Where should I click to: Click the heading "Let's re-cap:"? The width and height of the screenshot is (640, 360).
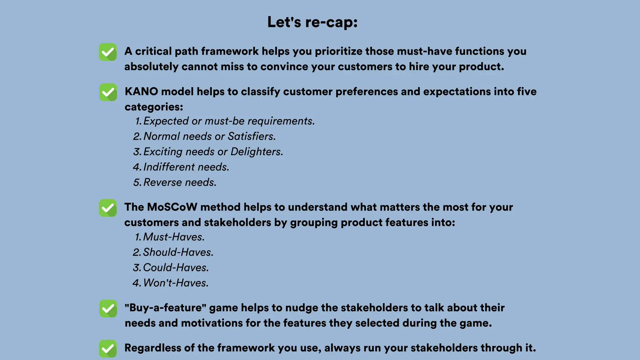(x=312, y=22)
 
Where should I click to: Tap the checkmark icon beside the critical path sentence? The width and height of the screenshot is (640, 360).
(x=108, y=52)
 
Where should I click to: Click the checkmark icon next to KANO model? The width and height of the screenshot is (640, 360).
(x=108, y=92)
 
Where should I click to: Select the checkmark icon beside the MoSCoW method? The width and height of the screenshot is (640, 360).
(x=108, y=208)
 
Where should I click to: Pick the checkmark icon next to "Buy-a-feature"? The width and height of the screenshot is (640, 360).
(x=108, y=308)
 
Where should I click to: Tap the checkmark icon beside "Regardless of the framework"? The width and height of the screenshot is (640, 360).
(x=108, y=348)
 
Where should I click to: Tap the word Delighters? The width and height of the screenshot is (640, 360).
(x=257, y=152)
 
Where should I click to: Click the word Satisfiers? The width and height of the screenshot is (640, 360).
(x=252, y=136)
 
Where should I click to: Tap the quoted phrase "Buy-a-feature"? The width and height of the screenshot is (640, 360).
(x=165, y=308)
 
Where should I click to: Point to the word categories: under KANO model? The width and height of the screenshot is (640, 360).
(x=154, y=107)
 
